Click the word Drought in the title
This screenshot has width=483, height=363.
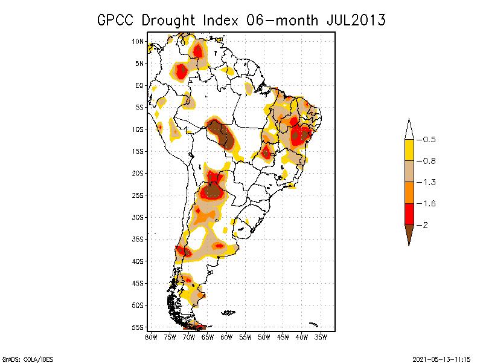click(x=170, y=20)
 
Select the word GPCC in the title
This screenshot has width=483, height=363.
click(x=115, y=20)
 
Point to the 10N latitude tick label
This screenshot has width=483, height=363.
click(x=138, y=41)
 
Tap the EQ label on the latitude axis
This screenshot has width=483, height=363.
click(x=139, y=85)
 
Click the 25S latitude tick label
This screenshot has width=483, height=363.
click(x=138, y=195)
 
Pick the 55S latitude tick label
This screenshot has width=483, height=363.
click(x=138, y=327)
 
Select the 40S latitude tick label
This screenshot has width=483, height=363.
click(x=138, y=261)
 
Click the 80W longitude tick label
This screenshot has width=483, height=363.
click(x=151, y=337)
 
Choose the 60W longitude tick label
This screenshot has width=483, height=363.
click(x=226, y=337)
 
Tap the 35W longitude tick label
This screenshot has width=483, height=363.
click(x=321, y=337)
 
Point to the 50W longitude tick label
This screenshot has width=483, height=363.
click(x=264, y=337)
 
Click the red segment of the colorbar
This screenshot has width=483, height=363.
click(x=409, y=214)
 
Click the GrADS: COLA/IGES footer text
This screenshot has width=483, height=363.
click(x=22, y=358)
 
